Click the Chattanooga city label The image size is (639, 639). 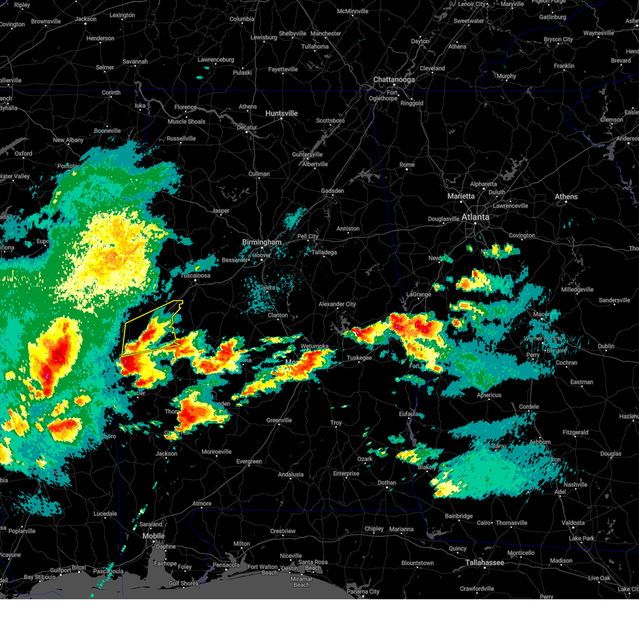coord(394,79)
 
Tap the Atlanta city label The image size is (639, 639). coord(475,217)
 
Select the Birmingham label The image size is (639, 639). coord(261,242)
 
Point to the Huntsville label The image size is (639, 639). coord(282,113)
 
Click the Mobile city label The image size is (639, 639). coord(153,536)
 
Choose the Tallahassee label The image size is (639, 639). coord(485,562)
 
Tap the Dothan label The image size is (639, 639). coord(387,483)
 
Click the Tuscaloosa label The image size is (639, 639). coord(195,275)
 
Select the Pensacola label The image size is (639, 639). coord(226,565)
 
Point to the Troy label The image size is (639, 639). coord(336,423)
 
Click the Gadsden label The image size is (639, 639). coord(332,191)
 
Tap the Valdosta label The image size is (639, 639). coord(573,523)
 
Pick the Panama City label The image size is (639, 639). coord(363,592)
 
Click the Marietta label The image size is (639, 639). coord(461,196)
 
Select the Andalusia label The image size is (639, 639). coord(291,474)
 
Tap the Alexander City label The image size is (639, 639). coord(337,304)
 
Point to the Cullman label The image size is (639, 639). coord(259,174)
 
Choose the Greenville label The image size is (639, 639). coord(279,420)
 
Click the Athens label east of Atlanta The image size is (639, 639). coord(566,196)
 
